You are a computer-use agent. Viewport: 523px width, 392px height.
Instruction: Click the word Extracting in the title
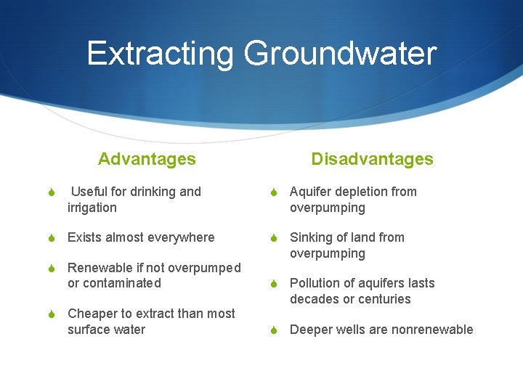160,54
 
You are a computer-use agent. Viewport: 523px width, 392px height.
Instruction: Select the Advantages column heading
147,159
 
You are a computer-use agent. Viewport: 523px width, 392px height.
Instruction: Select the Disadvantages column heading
372,159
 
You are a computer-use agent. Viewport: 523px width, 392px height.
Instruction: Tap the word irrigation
92,208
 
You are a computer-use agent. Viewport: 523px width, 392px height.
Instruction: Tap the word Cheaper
92,314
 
